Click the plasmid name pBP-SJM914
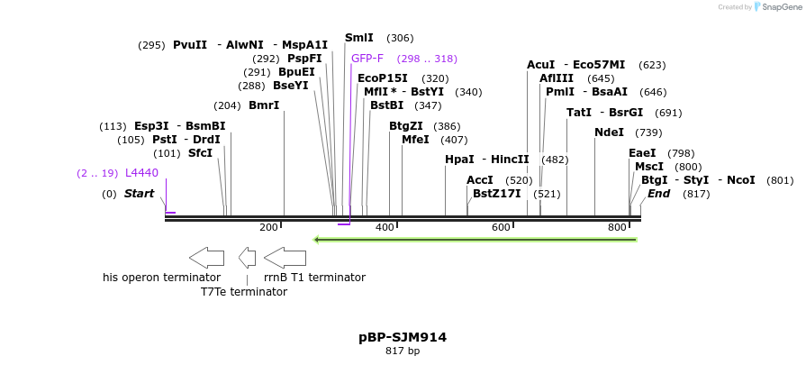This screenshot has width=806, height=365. [403, 337]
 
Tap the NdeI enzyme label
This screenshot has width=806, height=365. [609, 132]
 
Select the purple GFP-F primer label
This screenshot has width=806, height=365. [367, 59]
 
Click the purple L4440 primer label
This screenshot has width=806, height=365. [141, 173]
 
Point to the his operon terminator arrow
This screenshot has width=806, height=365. [207, 257]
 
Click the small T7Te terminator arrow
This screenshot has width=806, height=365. [247, 257]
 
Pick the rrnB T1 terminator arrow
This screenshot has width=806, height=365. [285, 257]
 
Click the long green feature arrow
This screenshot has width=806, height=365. [475, 240]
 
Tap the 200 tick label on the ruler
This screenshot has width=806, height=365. [268, 227]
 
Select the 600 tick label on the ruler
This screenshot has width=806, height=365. [501, 227]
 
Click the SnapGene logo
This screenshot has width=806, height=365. [779, 7]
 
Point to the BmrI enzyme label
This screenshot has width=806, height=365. [264, 105]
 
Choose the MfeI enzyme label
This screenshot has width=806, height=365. [415, 140]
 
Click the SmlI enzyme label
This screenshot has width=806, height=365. [359, 38]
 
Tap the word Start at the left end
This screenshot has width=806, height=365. [140, 194]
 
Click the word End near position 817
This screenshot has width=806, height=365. [659, 194]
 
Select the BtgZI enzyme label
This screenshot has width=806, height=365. [406, 126]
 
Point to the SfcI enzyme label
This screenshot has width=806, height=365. [200, 153]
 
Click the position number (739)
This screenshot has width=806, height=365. [648, 132]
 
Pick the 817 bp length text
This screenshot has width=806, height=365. [403, 351]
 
